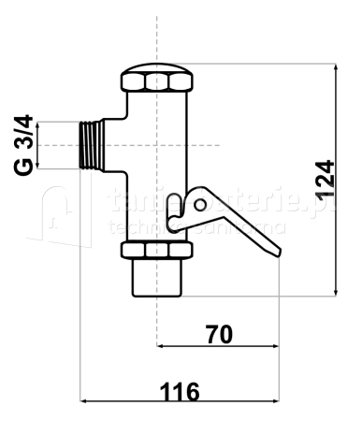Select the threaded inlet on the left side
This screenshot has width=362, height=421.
[92, 145]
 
